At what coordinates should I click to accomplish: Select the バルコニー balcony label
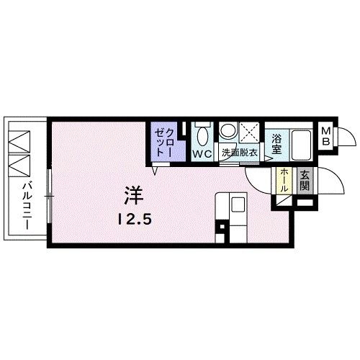pyautogui.click(x=24, y=204)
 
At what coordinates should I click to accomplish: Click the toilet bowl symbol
pyautogui.click(x=201, y=135)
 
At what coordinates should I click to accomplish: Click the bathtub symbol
pyautogui.click(x=302, y=145)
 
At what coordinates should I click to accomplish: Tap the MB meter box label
pyautogui.click(x=326, y=136)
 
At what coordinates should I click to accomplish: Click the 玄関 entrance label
pyautogui.click(x=305, y=179)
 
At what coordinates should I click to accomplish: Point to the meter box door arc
pyautogui.click(x=346, y=136)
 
